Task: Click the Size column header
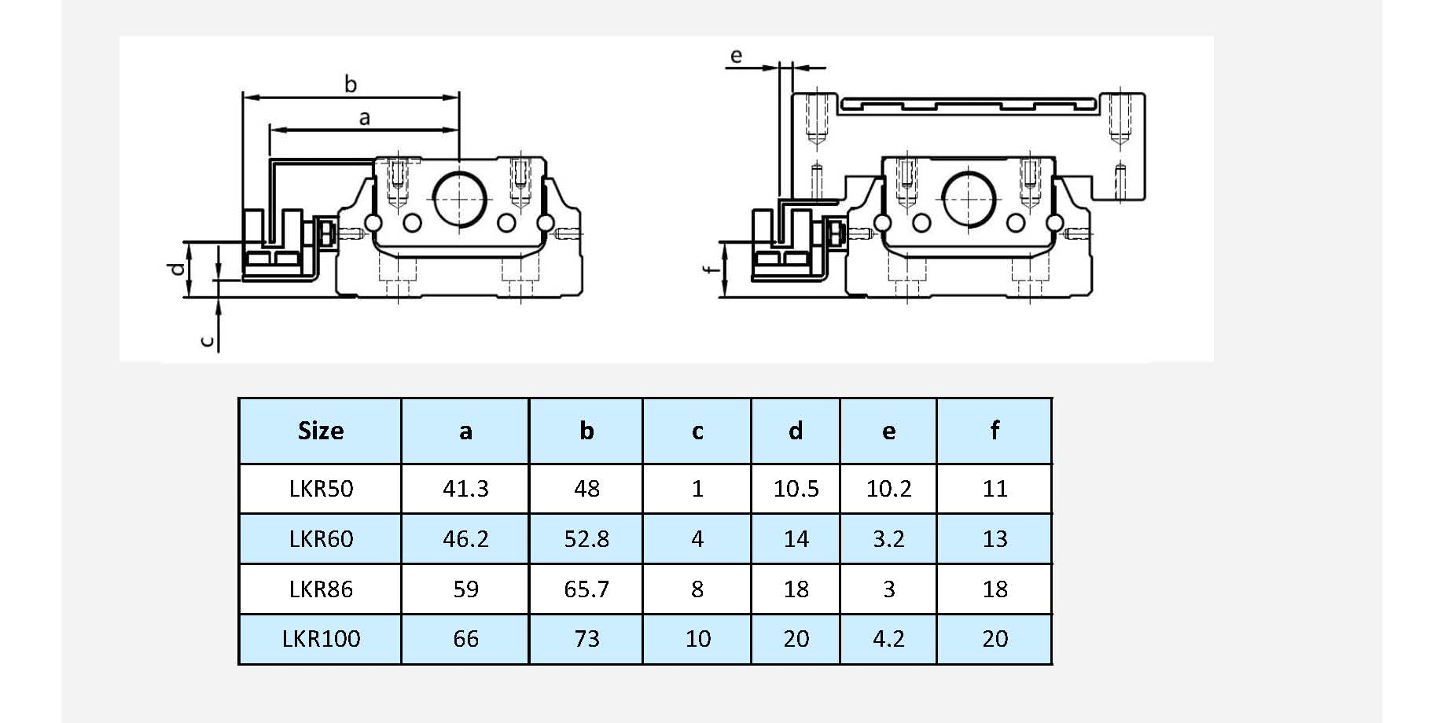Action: pyautogui.click(x=321, y=431)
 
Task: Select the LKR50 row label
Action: pyautogui.click(x=321, y=489)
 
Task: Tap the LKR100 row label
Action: pyautogui.click(x=321, y=638)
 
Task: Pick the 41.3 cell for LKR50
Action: pyautogui.click(x=465, y=489)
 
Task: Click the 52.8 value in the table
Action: pyautogui.click(x=586, y=539)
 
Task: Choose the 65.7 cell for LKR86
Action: pyautogui.click(x=586, y=589)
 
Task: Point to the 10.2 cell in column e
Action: pyautogui.click(x=888, y=489)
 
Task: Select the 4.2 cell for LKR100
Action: pyautogui.click(x=888, y=638)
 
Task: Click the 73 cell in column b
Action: pyautogui.click(x=586, y=638)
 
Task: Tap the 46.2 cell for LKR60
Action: pyautogui.click(x=465, y=539)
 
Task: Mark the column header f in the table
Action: pyautogui.click(x=995, y=431)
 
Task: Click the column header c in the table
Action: pyautogui.click(x=697, y=431)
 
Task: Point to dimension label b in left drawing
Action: pyautogui.click(x=351, y=84)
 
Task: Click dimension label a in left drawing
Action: pyautogui.click(x=364, y=118)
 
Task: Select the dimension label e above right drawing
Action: pyautogui.click(x=736, y=56)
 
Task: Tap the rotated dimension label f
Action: pyautogui.click(x=711, y=270)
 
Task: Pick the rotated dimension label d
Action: pyautogui.click(x=178, y=269)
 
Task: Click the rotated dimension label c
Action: pyautogui.click(x=207, y=341)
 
